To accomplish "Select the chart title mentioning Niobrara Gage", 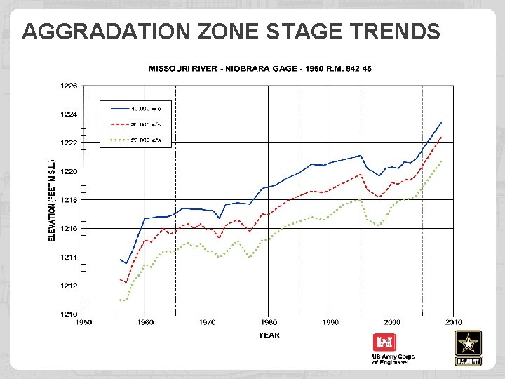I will pyautogui.click(x=260, y=69).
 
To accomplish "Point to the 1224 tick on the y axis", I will pyautogui.click(x=69, y=114).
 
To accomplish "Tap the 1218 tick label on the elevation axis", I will pyautogui.click(x=69, y=200).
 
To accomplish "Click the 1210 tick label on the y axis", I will pyautogui.click(x=69, y=314).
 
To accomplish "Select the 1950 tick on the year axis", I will pyautogui.click(x=83, y=322).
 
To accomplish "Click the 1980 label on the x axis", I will pyautogui.click(x=269, y=322).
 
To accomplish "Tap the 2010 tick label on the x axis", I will pyautogui.click(x=453, y=322).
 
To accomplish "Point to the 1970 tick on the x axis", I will pyautogui.click(x=207, y=322).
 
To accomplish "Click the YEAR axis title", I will pyautogui.click(x=269, y=335).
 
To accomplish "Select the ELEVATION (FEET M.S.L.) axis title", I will pyautogui.click(x=52, y=200).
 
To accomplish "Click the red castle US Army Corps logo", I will pyautogui.click(x=385, y=343).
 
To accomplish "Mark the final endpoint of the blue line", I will pyautogui.click(x=441, y=122).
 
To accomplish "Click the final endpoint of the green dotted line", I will pyautogui.click(x=441, y=161).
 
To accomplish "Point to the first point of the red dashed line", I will pyautogui.click(x=121, y=280).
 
